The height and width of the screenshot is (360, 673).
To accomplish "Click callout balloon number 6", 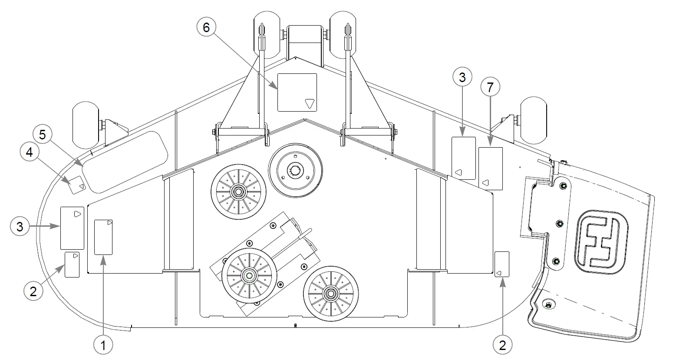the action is (206, 27).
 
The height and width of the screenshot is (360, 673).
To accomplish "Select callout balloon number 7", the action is (490, 87).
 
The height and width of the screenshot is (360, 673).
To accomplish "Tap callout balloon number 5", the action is (43, 134).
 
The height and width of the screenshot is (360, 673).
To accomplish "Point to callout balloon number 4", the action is (30, 152).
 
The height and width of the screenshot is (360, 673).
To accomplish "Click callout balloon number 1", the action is (103, 345).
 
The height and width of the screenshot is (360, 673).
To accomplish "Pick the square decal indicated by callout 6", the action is (297, 92).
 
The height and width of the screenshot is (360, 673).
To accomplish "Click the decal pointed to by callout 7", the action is (490, 168).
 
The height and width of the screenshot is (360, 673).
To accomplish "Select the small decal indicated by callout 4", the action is (77, 185).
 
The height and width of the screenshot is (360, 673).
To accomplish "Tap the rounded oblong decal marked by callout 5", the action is (125, 162).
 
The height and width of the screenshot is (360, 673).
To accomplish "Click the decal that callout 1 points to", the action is (103, 237).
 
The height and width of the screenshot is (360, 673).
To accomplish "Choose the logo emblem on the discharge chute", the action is (602, 242).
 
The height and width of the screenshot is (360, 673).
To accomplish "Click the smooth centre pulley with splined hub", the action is (295, 170).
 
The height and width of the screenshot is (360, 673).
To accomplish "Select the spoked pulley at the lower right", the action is (331, 293).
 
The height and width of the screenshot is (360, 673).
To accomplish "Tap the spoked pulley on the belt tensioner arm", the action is (249, 276).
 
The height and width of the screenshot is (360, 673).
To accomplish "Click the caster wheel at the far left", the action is (86, 125).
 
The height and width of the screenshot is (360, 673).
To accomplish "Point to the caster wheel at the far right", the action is (534, 120).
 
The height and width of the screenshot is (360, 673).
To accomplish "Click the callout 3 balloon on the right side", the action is (462, 77).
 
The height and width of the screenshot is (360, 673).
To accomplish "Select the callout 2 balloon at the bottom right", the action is (502, 345).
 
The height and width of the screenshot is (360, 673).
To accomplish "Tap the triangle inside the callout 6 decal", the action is (310, 103).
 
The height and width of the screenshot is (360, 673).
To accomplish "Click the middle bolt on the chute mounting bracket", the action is (559, 224).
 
